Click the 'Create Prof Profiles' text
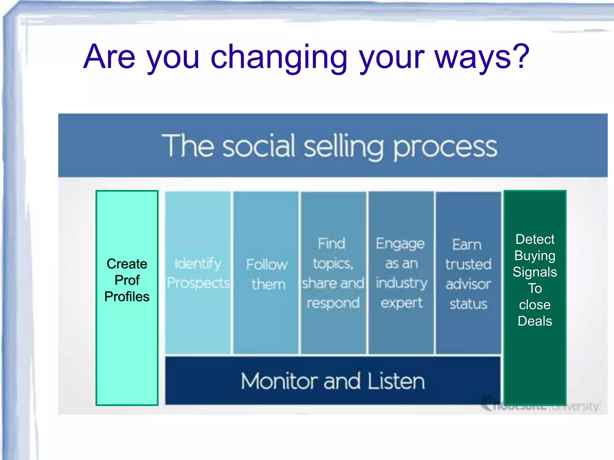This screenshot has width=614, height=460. tap(127, 280)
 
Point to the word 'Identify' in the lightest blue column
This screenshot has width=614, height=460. tap(198, 264)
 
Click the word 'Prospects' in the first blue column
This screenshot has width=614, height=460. tap(198, 283)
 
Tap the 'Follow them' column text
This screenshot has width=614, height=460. tap(267, 274)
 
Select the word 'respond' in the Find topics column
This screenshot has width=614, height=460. tap(333, 303)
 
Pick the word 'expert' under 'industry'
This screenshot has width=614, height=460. tap(401, 303)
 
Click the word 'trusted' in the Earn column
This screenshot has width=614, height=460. tap(468, 264)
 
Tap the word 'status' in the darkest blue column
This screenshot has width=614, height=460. tap(468, 304)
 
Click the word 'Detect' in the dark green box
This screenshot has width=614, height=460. tap(535, 239)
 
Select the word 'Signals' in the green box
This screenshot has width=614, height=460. tap(535, 272)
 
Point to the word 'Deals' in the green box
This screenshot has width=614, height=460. tap(535, 321)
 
